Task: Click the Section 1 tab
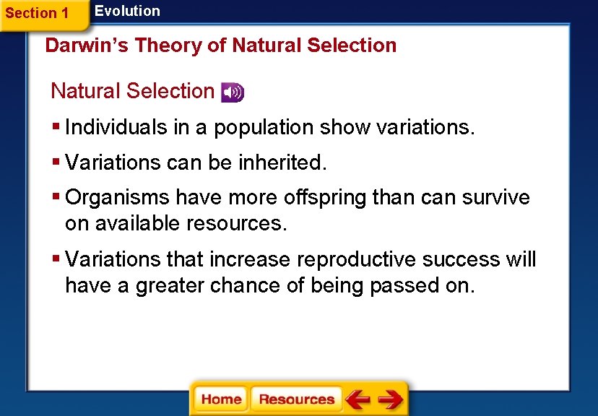[38, 14]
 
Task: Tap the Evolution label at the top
[127, 11]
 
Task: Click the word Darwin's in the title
[87, 45]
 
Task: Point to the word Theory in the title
[168, 45]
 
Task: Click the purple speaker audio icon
[233, 92]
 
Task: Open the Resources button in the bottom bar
[296, 399]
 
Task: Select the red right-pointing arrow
[390, 399]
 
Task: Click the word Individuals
[116, 128]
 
